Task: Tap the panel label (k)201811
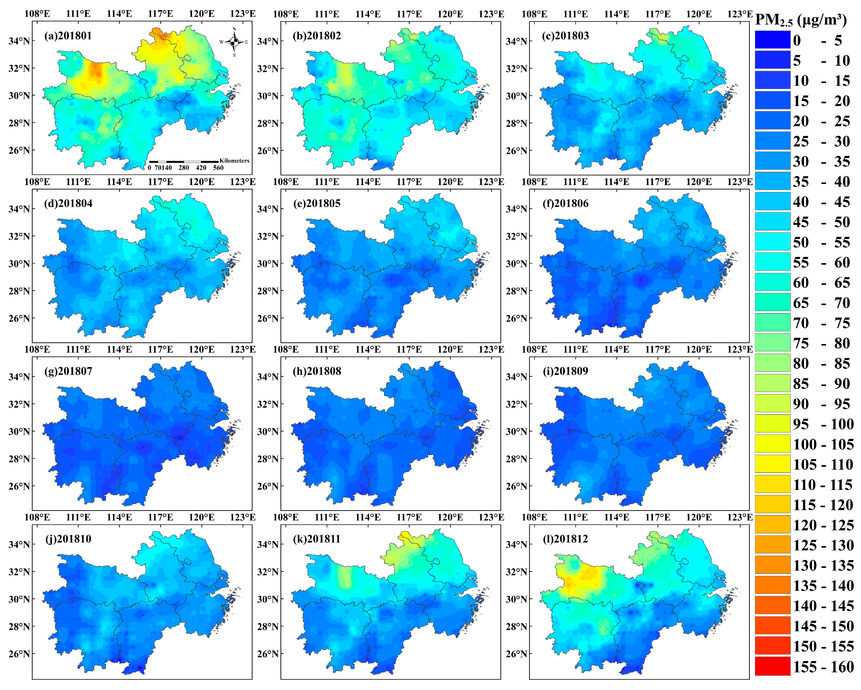click(317, 539)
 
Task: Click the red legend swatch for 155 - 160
click(772, 666)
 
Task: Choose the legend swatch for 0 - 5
click(772, 40)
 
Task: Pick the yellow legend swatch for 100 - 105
click(772, 444)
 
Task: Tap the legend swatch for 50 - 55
click(772, 242)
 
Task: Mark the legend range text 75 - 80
click(823, 343)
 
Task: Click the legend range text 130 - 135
click(823, 566)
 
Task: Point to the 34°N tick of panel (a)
click(19, 41)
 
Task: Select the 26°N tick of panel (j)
click(19, 654)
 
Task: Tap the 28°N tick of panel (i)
click(516, 459)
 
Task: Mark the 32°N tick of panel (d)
click(19, 236)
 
